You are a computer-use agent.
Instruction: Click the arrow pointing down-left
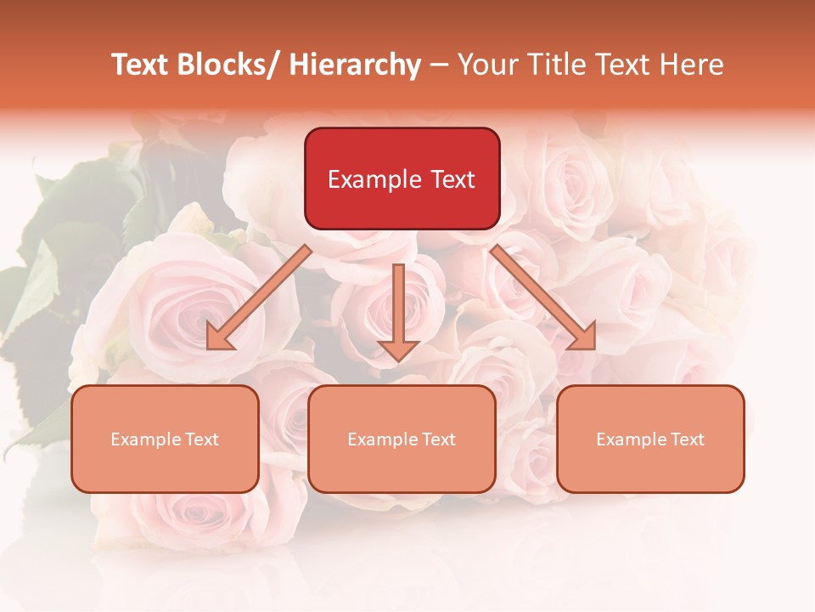pyautogui.click(x=258, y=297)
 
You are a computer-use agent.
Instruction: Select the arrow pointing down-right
pyautogui.click(x=543, y=297)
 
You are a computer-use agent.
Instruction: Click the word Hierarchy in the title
pyautogui.click(x=355, y=65)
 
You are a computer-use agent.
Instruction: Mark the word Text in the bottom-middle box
pyautogui.click(x=437, y=439)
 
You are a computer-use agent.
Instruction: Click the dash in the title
pyautogui.click(x=439, y=65)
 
